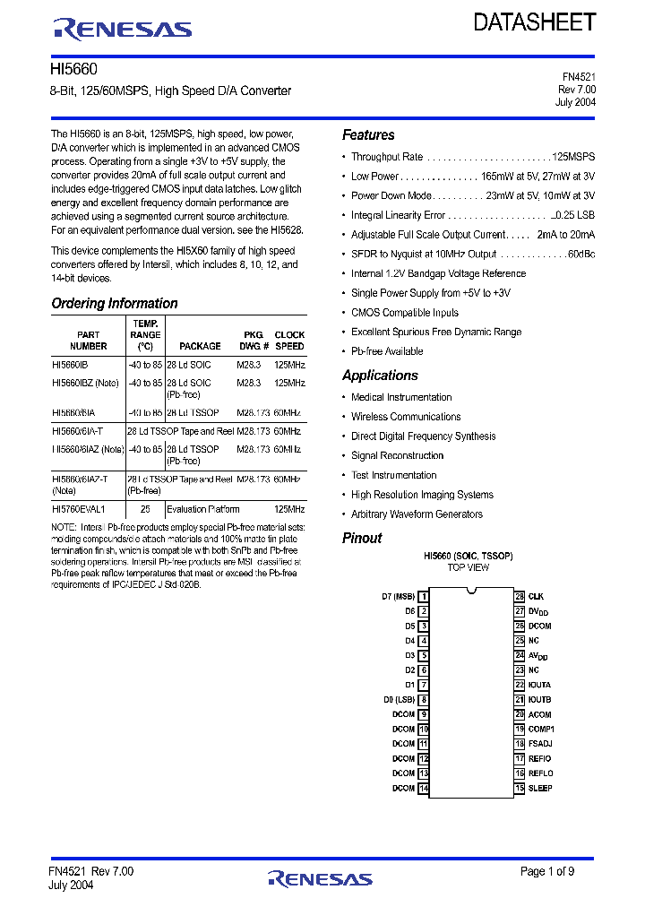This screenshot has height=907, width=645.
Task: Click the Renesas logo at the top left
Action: click(x=122, y=29)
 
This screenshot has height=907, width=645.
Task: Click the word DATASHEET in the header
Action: click(x=534, y=22)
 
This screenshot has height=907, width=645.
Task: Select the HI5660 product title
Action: click(x=74, y=70)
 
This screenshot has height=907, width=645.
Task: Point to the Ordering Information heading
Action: click(x=114, y=303)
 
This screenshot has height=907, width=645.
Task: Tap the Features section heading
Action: click(x=368, y=134)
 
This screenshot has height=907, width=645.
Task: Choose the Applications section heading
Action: click(x=380, y=376)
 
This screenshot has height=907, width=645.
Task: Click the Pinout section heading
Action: click(x=362, y=538)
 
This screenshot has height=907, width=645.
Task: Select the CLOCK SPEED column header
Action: click(x=289, y=341)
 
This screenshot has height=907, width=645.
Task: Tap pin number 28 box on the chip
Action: click(x=519, y=596)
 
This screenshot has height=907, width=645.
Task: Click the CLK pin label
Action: click(x=536, y=596)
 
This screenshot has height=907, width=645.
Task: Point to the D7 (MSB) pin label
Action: click(x=398, y=596)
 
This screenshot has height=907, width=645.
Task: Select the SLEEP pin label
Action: click(x=540, y=788)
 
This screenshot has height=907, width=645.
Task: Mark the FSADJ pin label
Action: click(x=540, y=744)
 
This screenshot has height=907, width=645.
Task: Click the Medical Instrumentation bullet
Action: click(x=401, y=397)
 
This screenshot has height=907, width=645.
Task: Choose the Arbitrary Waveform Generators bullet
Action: click(x=417, y=514)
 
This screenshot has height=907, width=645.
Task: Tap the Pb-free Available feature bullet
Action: click(x=387, y=351)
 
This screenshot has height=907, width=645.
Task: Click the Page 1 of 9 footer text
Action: click(x=547, y=871)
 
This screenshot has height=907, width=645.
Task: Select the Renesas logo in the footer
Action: click(x=320, y=878)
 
